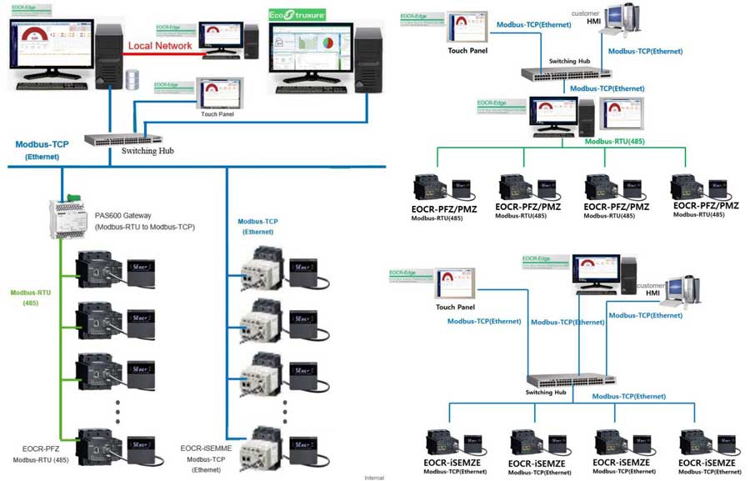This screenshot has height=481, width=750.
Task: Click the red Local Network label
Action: point(162,47)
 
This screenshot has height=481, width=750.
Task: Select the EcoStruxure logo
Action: point(297,15)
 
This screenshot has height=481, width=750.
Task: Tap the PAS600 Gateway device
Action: point(68,218)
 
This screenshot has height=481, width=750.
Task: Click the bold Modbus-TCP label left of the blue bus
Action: point(42,145)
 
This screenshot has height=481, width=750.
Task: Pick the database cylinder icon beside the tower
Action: point(131,79)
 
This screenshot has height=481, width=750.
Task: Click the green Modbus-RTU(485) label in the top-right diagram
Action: point(617,141)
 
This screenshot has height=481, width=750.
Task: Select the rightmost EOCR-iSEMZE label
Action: point(707,463)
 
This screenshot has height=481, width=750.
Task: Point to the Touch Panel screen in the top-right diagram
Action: point(467,27)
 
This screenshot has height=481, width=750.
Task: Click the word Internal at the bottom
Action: point(375,477)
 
